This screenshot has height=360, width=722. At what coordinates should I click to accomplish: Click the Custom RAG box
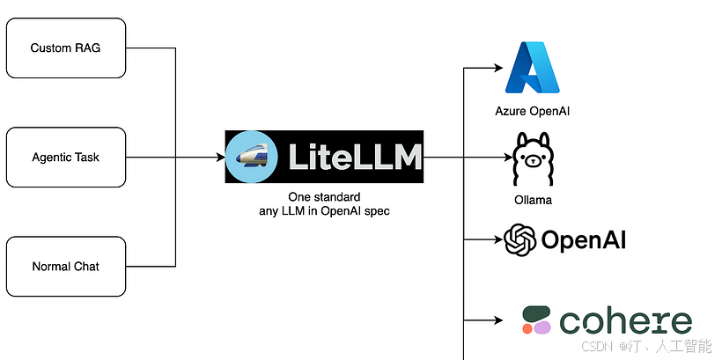tap(66, 48)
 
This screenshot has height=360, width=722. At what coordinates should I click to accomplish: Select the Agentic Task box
tap(66, 158)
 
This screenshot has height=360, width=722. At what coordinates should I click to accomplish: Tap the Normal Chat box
tap(66, 267)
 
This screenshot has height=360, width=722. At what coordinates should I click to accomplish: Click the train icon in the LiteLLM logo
tap(253, 158)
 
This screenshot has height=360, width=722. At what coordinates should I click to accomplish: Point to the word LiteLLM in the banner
tap(355, 158)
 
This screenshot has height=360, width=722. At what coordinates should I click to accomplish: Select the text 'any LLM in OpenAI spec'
tap(325, 211)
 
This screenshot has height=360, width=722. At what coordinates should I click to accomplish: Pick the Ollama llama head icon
tap(534, 160)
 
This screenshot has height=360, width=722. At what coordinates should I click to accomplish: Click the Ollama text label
tap(534, 200)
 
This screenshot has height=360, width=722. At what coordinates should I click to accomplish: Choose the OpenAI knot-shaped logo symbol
tap(520, 239)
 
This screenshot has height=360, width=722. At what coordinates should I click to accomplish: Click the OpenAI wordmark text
tap(584, 240)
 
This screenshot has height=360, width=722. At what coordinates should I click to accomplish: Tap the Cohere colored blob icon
tap(536, 320)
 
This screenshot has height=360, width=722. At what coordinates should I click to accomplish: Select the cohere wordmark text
tap(626, 321)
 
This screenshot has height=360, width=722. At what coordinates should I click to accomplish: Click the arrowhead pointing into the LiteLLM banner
tap(220, 158)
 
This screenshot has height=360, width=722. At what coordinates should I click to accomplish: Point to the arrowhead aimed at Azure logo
tap(496, 69)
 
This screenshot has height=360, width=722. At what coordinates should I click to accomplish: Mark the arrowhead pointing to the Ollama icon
tap(506, 158)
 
